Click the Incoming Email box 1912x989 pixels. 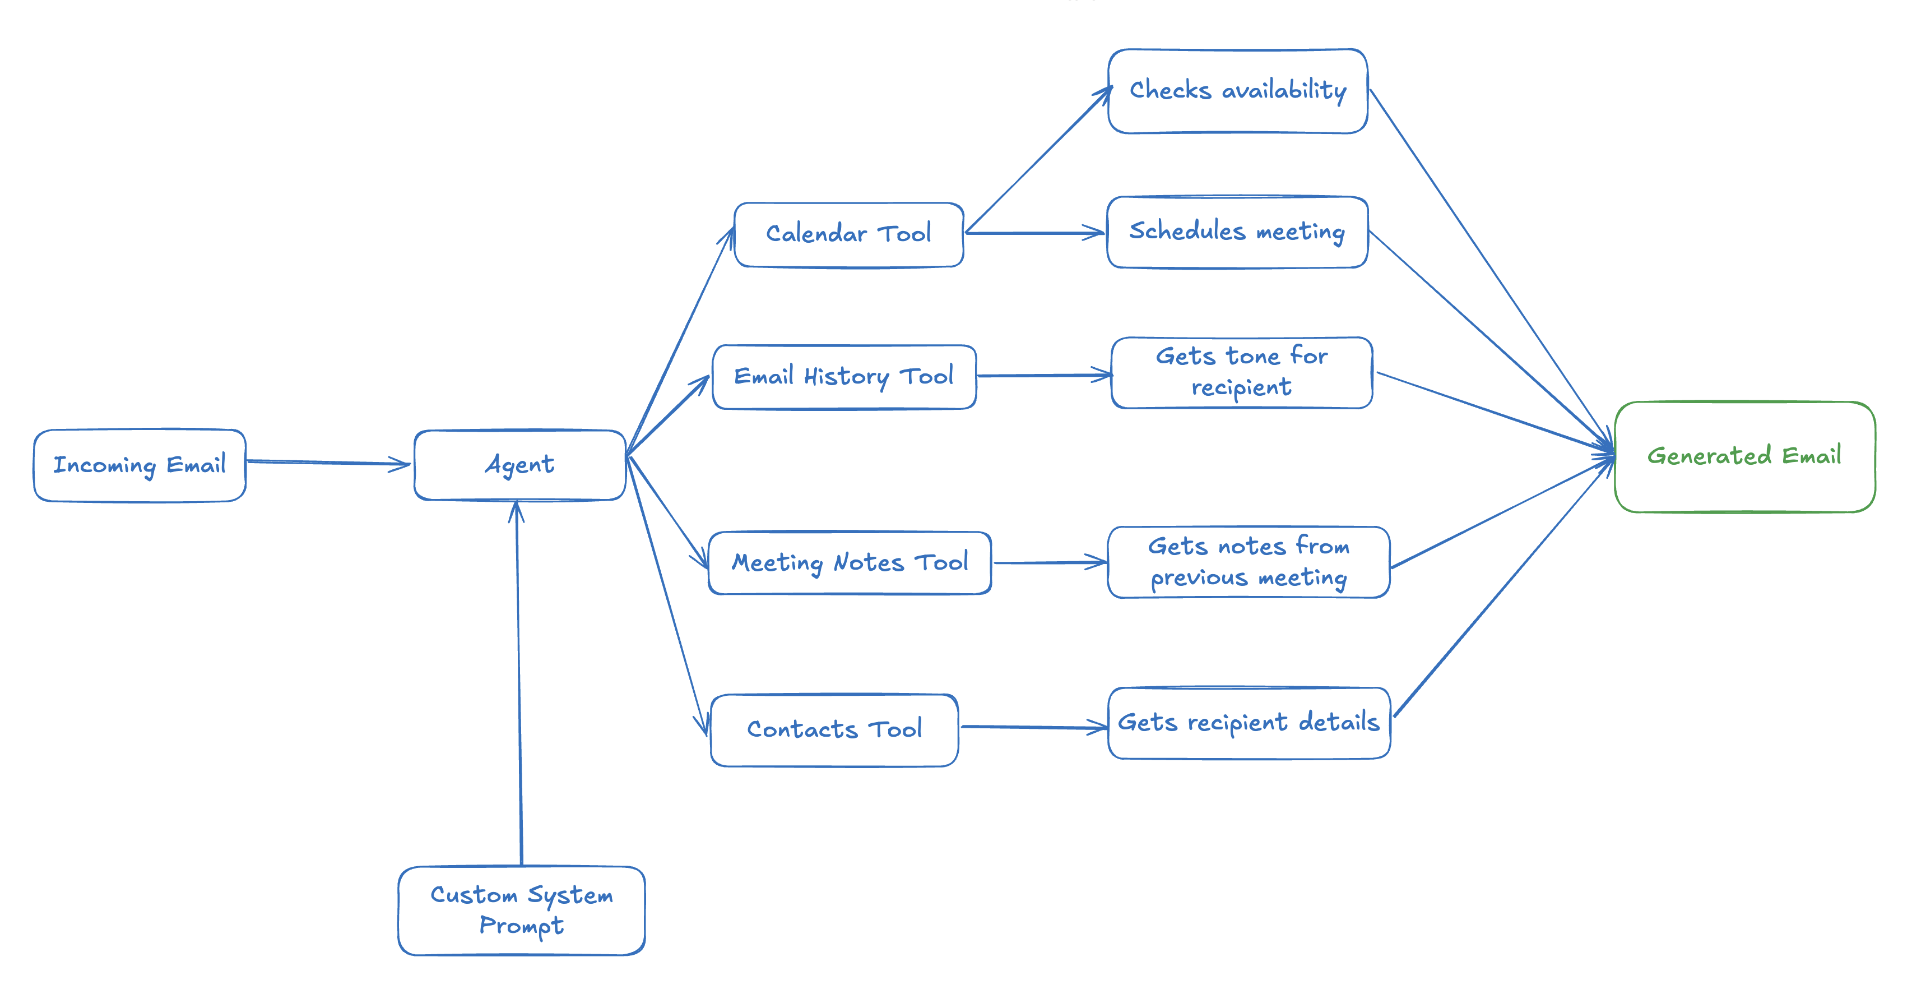coord(140,465)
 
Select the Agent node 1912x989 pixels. coord(519,465)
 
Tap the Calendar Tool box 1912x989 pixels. coord(848,234)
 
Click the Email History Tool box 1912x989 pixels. coord(844,376)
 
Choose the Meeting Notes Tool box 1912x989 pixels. coord(850,563)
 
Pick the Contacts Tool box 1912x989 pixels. coord(834,730)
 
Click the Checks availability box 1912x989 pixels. coord(1237,91)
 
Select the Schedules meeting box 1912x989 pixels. coord(1237,232)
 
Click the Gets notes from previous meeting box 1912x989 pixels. coord(1249,562)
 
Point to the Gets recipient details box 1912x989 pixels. coord(1249,723)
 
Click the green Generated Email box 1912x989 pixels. coord(1744,456)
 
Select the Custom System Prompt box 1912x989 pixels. coord(521,911)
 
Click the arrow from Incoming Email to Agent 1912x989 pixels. coord(327,463)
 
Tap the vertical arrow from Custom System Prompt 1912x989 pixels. coord(519,683)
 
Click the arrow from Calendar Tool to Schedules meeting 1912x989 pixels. coord(1036,233)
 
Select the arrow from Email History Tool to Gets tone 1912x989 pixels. coord(1043,376)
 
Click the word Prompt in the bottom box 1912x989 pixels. coord(521,926)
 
